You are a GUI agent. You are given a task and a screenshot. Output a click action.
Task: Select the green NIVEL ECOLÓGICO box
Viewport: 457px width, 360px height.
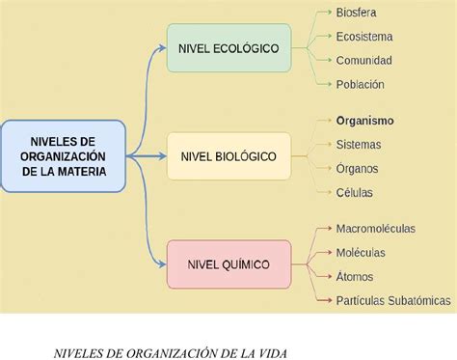point(228,47)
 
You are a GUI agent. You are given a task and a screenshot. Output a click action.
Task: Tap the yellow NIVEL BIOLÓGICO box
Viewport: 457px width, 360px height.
point(228,155)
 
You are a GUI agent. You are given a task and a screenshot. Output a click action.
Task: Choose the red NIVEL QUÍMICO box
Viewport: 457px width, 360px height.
point(228,263)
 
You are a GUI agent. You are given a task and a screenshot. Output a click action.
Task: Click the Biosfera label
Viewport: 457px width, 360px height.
point(357,13)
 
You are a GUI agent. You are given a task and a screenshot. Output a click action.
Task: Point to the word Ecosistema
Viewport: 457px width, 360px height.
point(364,37)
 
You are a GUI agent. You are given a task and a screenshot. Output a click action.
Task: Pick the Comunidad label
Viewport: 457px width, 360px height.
point(363,60)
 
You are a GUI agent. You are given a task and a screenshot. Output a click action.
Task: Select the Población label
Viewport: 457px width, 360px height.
point(361,84)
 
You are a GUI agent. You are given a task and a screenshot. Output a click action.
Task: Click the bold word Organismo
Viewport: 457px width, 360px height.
point(364,121)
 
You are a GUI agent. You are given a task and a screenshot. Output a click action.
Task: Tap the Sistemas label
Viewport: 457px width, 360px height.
point(359,145)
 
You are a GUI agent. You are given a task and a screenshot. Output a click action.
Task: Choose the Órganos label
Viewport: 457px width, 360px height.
point(358,168)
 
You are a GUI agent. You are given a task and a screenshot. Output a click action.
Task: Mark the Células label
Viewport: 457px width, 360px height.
point(355,192)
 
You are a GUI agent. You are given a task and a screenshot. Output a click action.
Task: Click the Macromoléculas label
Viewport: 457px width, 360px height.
point(376,229)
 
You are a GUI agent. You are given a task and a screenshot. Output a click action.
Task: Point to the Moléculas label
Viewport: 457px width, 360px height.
point(361,253)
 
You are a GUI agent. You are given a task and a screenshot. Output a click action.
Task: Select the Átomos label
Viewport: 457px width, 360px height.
point(356,276)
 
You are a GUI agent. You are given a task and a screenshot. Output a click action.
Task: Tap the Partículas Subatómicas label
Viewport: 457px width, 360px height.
point(393,300)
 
